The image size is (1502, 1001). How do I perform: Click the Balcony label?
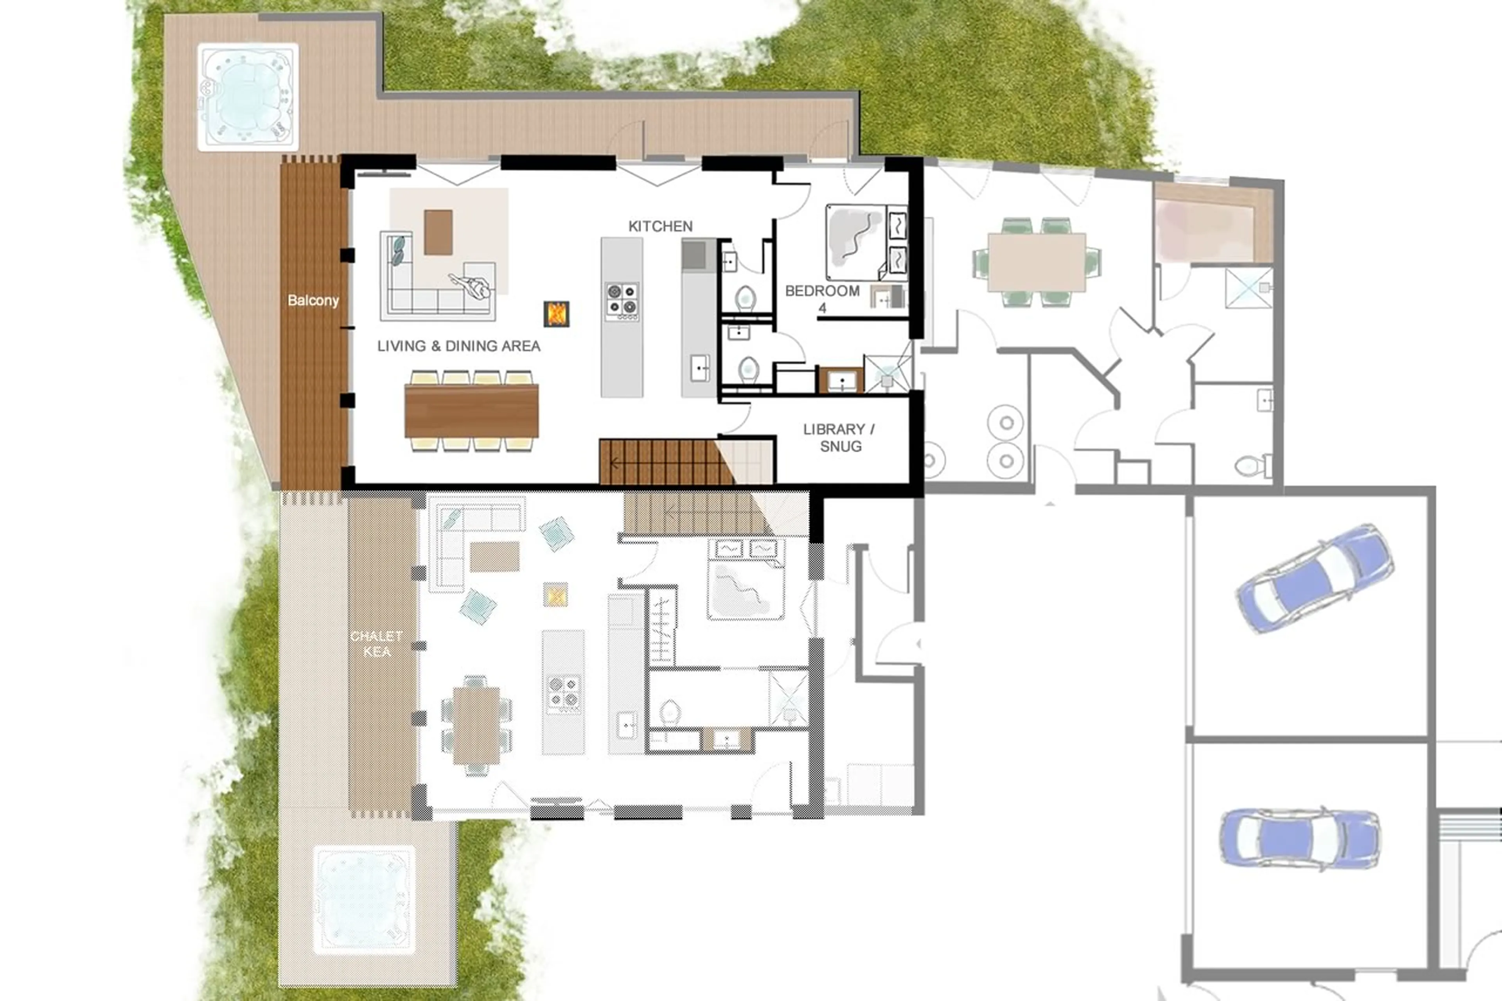[x=313, y=300]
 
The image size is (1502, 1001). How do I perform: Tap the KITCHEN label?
[x=660, y=226]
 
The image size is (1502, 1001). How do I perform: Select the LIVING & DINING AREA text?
[x=458, y=346]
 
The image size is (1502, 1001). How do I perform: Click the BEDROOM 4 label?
[x=822, y=298]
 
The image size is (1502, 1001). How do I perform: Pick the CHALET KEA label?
[x=377, y=643]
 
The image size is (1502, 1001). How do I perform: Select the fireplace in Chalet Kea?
[x=555, y=594]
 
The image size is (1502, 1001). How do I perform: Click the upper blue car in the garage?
[x=1314, y=578]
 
